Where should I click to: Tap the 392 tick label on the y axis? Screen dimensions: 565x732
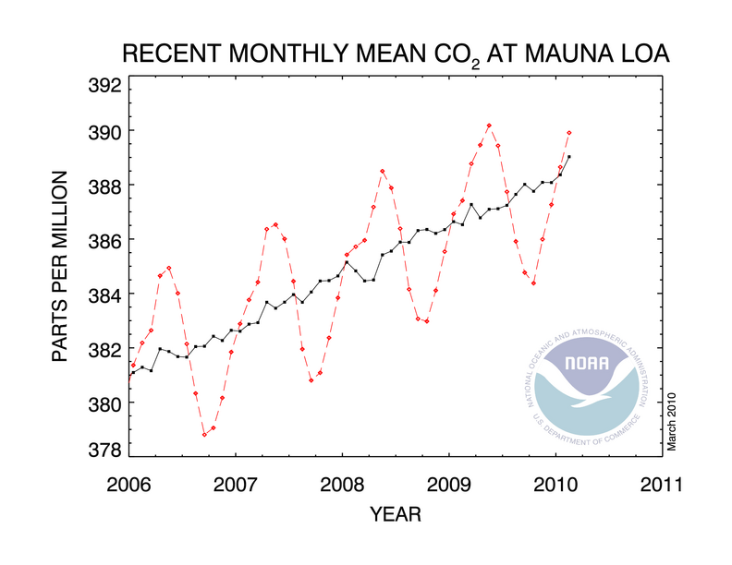(x=103, y=88)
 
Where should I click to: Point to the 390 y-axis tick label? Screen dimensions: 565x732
(x=103, y=132)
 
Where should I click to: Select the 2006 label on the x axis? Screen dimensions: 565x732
(x=129, y=484)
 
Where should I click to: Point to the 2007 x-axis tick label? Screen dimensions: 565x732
(x=236, y=484)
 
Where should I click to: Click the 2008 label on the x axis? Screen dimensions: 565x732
(x=342, y=484)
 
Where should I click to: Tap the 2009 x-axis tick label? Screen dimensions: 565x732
(x=449, y=484)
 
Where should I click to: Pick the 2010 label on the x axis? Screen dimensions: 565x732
(x=555, y=484)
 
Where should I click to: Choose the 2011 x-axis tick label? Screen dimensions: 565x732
(x=662, y=484)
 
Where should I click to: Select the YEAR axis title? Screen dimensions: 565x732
(x=396, y=512)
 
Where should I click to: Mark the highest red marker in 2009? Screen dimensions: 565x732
(x=489, y=126)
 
